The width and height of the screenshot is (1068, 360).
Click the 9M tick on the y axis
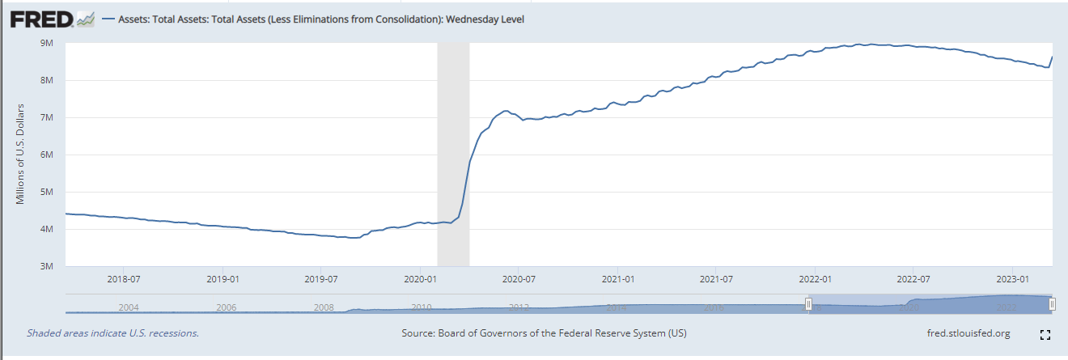pyautogui.click(x=47, y=43)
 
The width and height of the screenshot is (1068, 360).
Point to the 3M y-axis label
pyautogui.click(x=47, y=266)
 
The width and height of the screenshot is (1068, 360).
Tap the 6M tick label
pyautogui.click(x=47, y=155)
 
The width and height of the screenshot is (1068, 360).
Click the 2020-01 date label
pyautogui.click(x=419, y=279)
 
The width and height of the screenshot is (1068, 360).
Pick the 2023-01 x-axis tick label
pyautogui.click(x=1011, y=279)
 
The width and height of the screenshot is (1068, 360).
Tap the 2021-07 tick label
pyautogui.click(x=715, y=279)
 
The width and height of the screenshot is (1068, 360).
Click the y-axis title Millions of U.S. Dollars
pyautogui.click(x=22, y=154)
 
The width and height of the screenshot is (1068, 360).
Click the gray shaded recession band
pyautogui.click(x=453, y=154)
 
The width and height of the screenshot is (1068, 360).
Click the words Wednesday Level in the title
pyautogui.click(x=488, y=19)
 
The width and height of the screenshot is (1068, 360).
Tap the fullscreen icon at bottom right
pyautogui.click(x=1045, y=334)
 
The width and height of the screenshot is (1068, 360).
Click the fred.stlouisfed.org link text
pyautogui.click(x=968, y=333)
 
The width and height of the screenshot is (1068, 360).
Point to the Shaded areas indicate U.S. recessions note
pyautogui.click(x=112, y=333)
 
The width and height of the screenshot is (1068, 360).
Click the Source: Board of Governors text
pyautogui.click(x=544, y=333)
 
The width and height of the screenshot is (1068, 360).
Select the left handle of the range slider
pyautogui.click(x=807, y=303)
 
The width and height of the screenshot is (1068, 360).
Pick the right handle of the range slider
pyautogui.click(x=1052, y=303)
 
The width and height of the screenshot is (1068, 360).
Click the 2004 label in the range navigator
pyautogui.click(x=129, y=307)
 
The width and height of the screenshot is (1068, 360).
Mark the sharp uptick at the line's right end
pyautogui.click(x=1050, y=60)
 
